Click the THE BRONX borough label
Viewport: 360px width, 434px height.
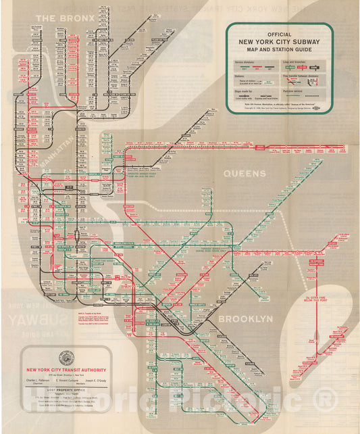(66, 18)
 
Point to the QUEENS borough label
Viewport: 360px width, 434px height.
(245, 174)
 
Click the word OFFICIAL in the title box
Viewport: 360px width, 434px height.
(279, 33)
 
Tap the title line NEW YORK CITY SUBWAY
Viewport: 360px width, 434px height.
(279, 41)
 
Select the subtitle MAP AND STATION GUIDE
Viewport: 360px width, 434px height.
(279, 48)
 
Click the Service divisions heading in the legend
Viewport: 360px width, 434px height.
(247, 62)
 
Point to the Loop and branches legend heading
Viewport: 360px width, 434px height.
(297, 62)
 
